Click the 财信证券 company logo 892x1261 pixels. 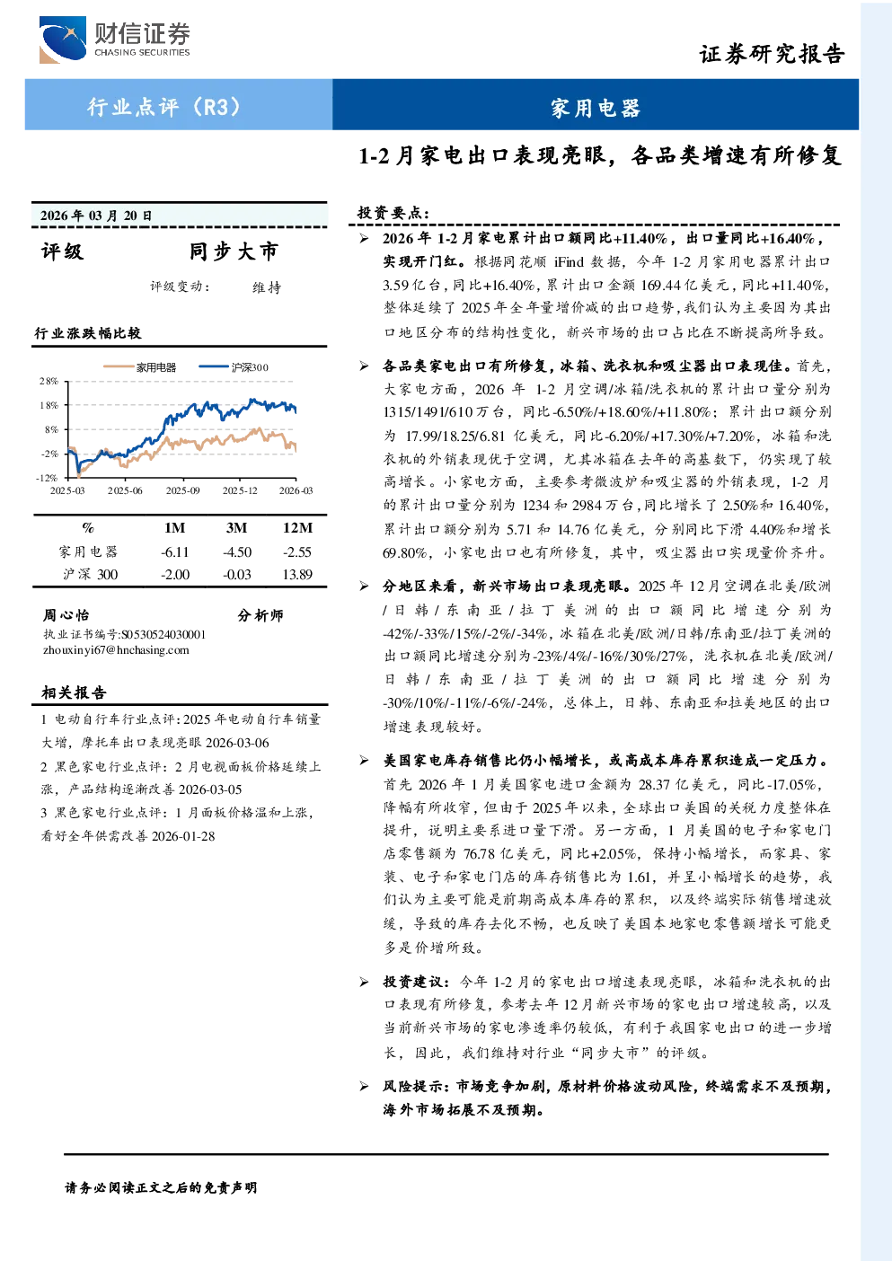tap(114, 39)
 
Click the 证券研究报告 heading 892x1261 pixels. tap(772, 54)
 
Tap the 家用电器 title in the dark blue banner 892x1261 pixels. tap(596, 108)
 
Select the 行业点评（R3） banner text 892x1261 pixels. tap(164, 106)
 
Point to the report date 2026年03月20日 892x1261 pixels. tap(96, 215)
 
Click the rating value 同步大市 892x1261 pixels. tap(234, 251)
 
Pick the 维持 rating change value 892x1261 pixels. tap(267, 287)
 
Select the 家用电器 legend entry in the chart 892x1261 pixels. tap(139, 367)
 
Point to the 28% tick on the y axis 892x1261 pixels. tap(49, 381)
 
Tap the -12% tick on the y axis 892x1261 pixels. tap(47, 478)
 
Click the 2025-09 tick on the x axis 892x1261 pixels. tap(182, 490)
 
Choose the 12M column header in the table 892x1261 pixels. tap(297, 527)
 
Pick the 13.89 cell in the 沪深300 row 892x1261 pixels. tap(297, 574)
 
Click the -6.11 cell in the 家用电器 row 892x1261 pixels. tap(174, 551)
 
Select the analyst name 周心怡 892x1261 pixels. tap(66, 614)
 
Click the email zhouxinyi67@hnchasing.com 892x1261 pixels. tap(116, 649)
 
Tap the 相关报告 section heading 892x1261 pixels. tap(74, 692)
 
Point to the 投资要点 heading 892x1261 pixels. tap(393, 213)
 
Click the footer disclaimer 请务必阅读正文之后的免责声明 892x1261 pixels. tap(161, 1187)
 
